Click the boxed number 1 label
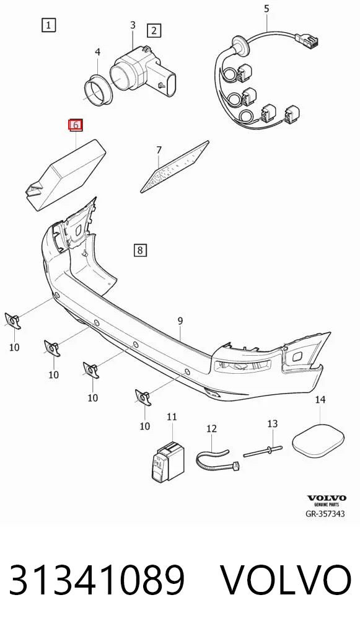click(x=48, y=25)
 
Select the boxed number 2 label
click(x=154, y=30)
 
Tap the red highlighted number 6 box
click(x=75, y=125)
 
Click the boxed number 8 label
click(x=139, y=250)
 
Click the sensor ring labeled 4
click(x=99, y=90)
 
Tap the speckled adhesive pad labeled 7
click(x=175, y=167)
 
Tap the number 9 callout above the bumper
click(x=180, y=320)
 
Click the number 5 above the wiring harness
click(x=266, y=9)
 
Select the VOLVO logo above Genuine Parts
click(x=326, y=498)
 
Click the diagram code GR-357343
click(x=325, y=513)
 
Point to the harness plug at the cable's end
click(x=307, y=40)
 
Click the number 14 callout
click(x=320, y=400)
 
